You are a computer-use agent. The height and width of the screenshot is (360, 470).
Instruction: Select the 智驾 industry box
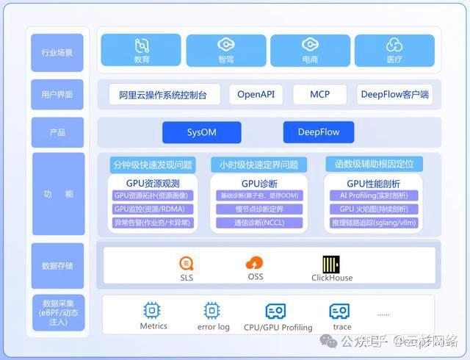[226, 50]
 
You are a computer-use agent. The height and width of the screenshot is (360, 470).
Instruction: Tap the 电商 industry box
[310, 50]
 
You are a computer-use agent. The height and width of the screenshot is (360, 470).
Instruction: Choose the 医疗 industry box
[394, 50]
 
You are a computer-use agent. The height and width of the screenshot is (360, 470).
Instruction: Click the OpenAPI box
[256, 94]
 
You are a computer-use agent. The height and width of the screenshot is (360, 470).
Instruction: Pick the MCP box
[319, 94]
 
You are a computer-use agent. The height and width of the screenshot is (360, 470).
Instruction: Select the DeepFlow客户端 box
[394, 94]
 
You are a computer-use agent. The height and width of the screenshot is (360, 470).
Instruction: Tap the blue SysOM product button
[201, 133]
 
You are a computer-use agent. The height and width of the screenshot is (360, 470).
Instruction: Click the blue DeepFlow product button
[318, 133]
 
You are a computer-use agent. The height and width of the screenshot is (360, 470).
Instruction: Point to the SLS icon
[187, 264]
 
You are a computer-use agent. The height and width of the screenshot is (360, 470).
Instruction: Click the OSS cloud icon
[254, 262]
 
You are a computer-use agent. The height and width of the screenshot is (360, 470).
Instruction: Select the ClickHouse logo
[330, 264]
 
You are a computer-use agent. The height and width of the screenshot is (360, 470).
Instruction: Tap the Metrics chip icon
[153, 310]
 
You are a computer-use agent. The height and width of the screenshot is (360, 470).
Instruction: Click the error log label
[213, 327]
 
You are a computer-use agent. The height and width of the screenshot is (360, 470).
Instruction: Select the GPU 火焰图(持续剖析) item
[374, 209]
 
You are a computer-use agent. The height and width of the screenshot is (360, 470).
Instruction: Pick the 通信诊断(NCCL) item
[259, 222]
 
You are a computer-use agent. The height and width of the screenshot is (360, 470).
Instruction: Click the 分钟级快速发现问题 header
[153, 164]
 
